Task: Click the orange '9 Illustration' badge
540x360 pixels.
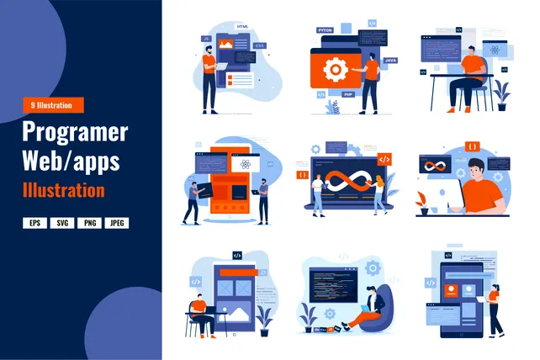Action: coord(54,105)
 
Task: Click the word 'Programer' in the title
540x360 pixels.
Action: coord(75,132)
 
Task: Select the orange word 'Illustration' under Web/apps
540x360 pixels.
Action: coord(64,189)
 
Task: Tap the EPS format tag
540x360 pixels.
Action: coord(34,223)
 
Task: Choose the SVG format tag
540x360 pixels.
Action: coord(61,223)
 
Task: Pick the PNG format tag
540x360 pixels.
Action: coord(87,223)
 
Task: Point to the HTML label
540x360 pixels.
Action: coord(244,28)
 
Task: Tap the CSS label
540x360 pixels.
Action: coord(260,45)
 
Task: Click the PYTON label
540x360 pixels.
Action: coord(326,30)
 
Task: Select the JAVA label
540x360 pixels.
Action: coord(390,61)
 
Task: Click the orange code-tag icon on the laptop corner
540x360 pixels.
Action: coord(384,158)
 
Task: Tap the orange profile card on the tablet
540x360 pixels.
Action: coord(453,290)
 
